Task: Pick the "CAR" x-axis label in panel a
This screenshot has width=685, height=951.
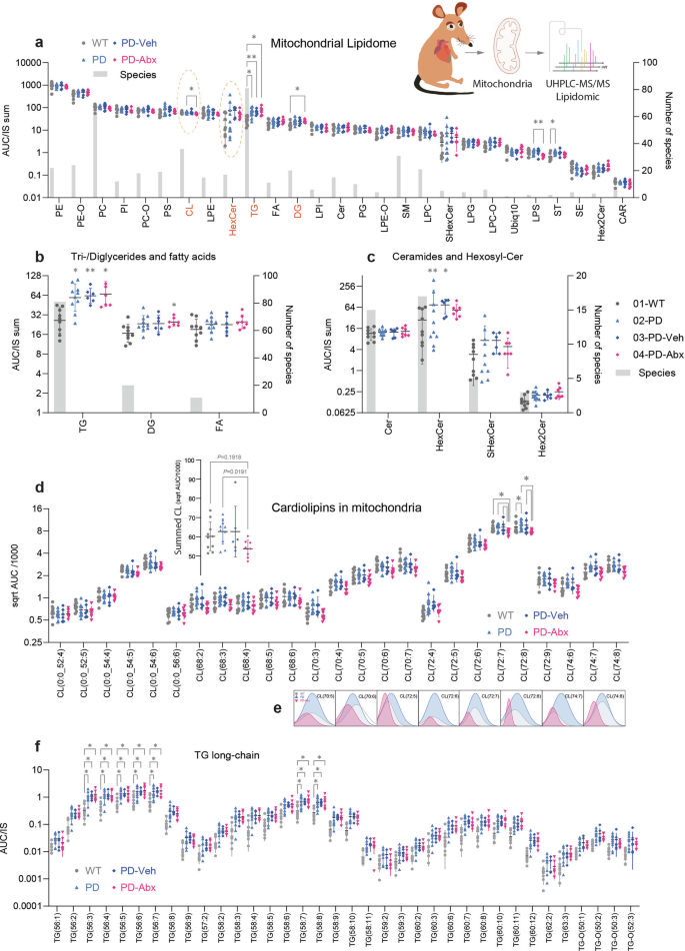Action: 624,214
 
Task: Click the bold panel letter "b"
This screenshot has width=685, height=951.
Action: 39,257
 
